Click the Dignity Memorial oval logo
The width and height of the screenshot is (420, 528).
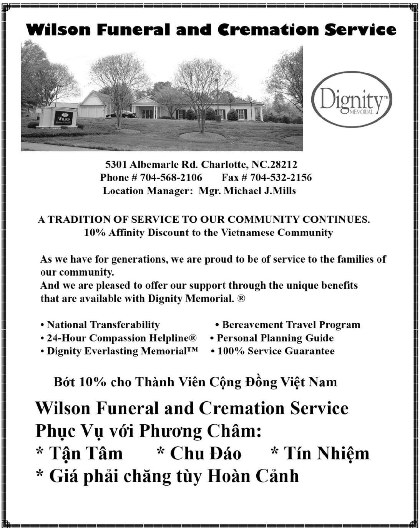(x=351, y=99)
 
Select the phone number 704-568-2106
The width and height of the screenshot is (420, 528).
(x=171, y=178)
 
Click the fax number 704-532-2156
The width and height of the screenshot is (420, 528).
(x=281, y=178)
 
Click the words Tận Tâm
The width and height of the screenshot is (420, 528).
(x=85, y=454)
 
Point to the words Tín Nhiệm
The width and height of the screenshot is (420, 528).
(x=326, y=454)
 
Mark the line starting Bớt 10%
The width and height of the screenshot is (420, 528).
(x=195, y=382)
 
